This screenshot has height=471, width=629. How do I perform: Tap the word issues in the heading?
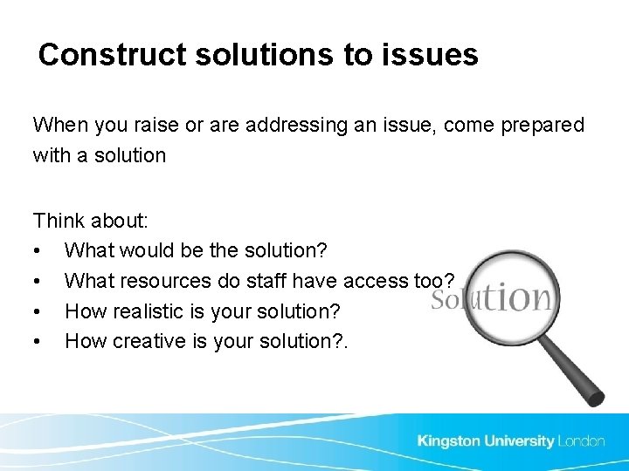pos(435,55)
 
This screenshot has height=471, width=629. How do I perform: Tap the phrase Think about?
pos(91,220)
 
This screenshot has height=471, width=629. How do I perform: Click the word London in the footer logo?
pos(581,441)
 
